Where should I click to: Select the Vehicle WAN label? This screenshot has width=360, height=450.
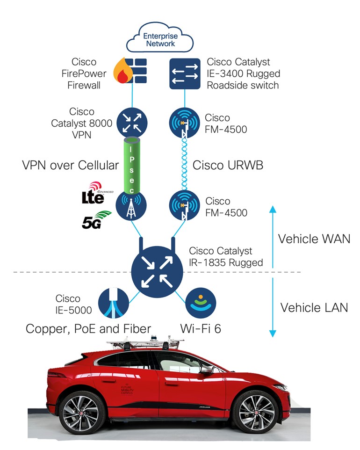314,239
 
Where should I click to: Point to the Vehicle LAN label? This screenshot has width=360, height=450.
314,307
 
